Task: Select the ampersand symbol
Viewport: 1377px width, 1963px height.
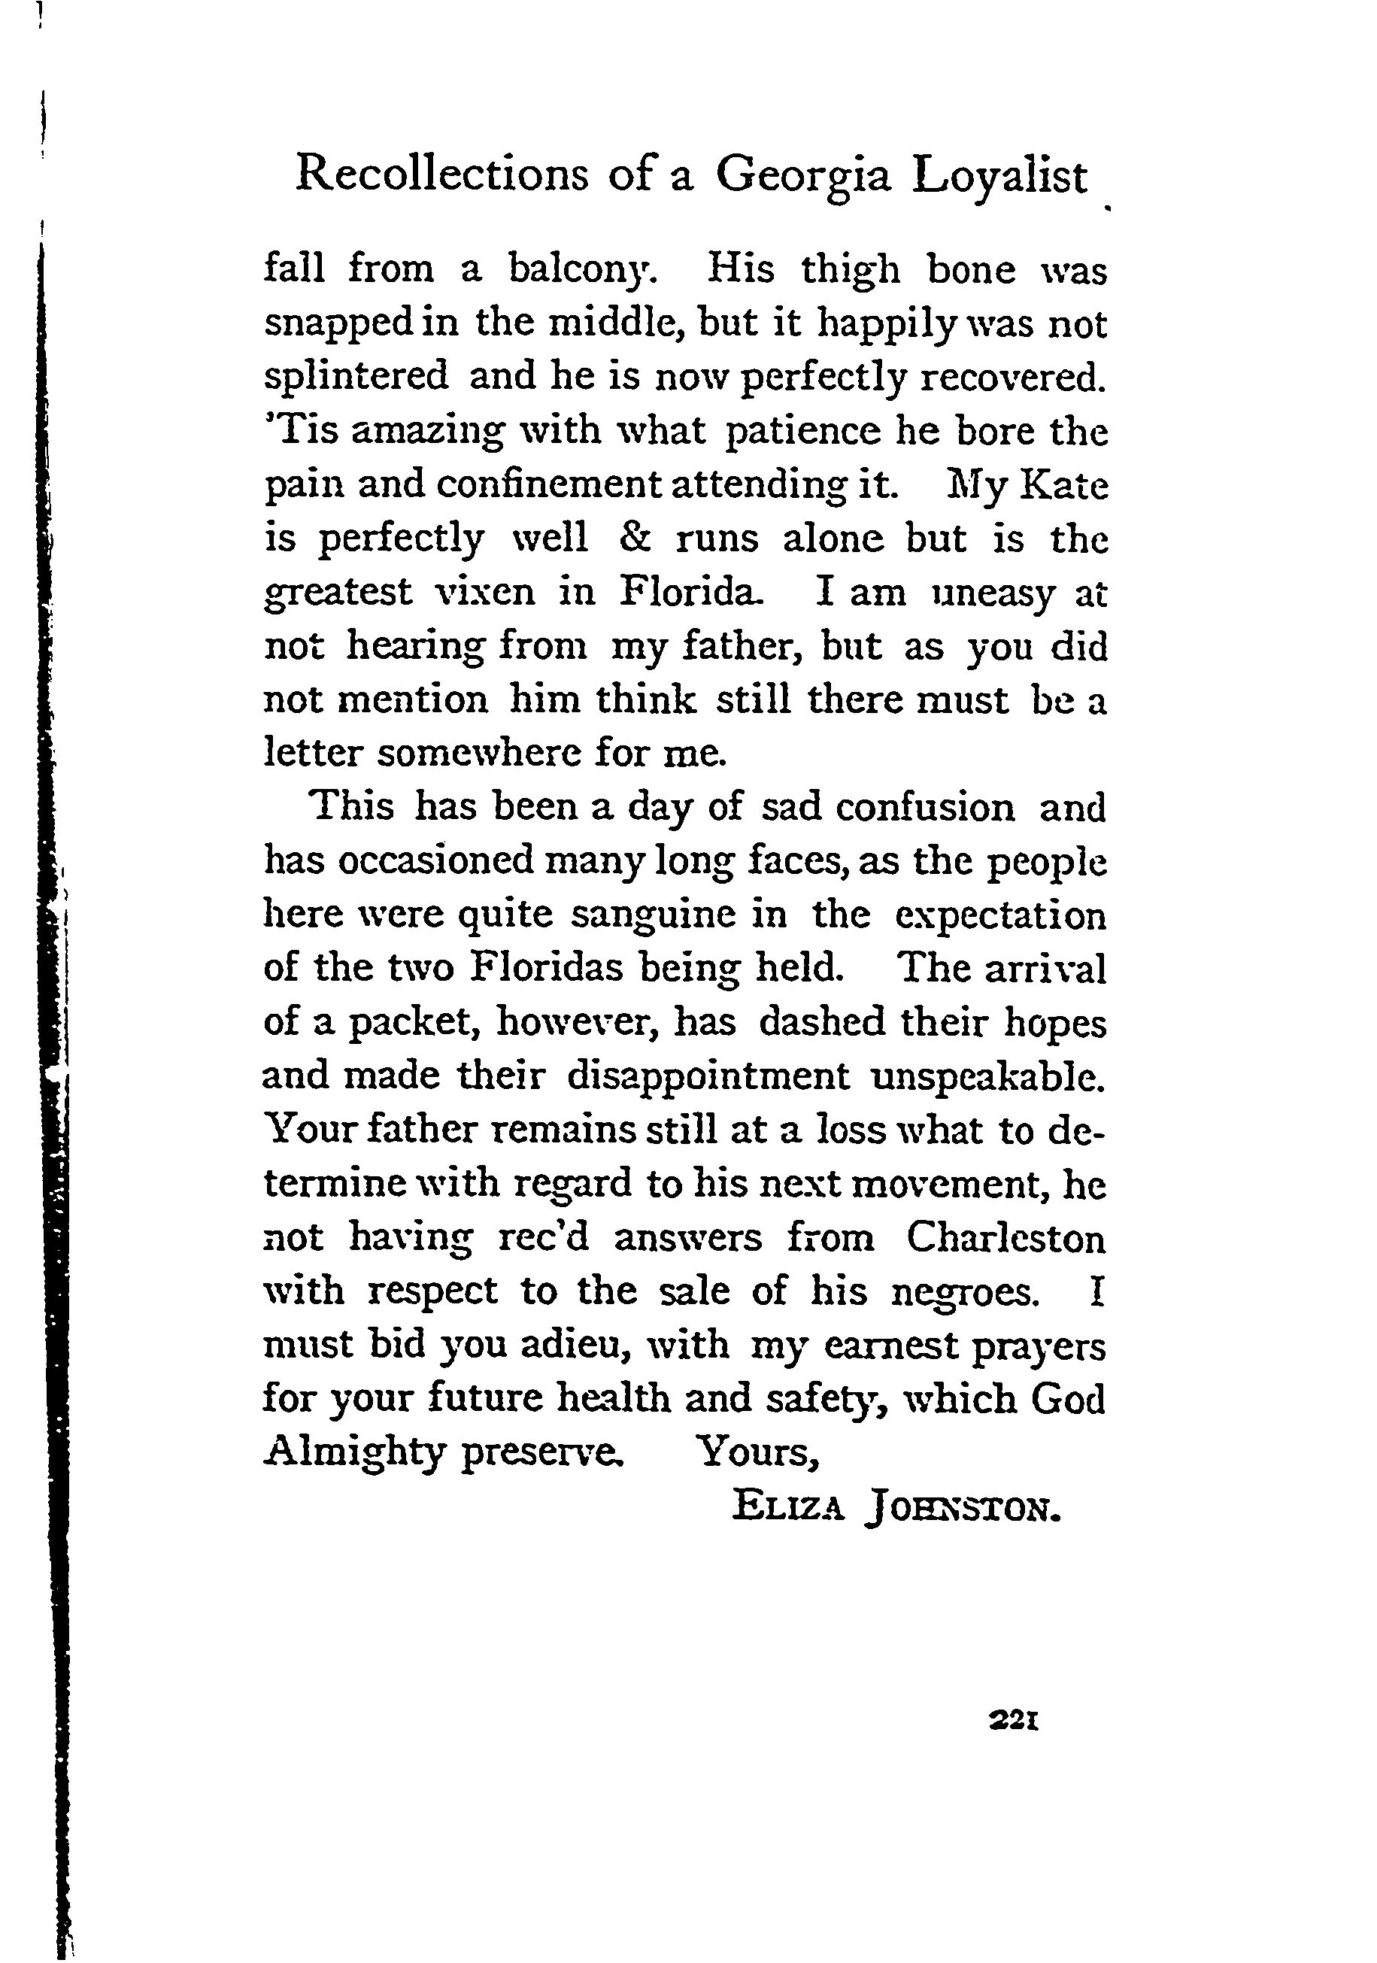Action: tap(632, 539)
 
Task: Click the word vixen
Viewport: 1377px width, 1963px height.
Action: tap(486, 592)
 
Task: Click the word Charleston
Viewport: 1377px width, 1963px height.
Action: tap(1005, 1238)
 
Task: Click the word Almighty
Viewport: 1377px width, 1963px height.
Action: tap(355, 1452)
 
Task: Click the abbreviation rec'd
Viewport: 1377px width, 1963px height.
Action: tap(543, 1238)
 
